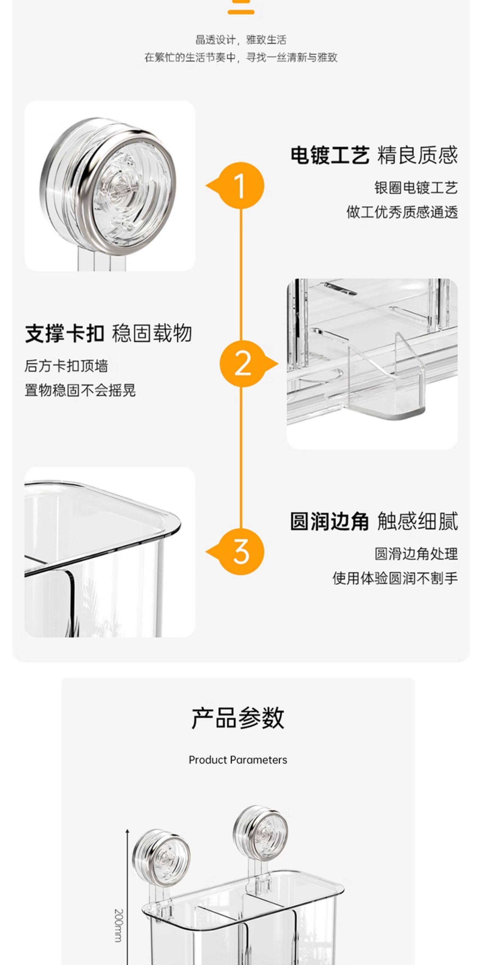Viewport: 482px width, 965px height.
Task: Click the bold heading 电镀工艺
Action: coord(330,155)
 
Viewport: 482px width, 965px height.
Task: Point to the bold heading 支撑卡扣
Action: coord(64,333)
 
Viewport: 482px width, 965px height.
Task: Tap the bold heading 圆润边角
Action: coord(330,521)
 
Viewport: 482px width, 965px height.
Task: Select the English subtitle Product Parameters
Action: coord(238,760)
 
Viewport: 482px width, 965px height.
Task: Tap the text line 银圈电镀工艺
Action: coord(416,188)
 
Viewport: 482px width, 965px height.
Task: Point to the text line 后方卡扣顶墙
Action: coord(66,366)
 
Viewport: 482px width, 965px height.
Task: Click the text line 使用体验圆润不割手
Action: coord(395,578)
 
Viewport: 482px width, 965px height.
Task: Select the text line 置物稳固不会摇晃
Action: coord(80,391)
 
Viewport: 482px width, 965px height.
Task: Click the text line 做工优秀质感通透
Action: coord(402,212)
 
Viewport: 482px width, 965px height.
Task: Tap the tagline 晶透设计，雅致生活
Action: coord(241,40)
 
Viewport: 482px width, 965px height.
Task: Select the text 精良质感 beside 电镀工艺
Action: coord(418,155)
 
